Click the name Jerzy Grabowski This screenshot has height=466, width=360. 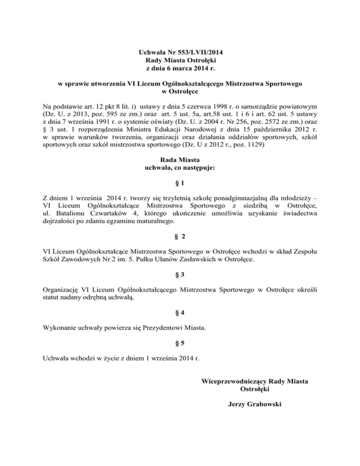254,404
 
